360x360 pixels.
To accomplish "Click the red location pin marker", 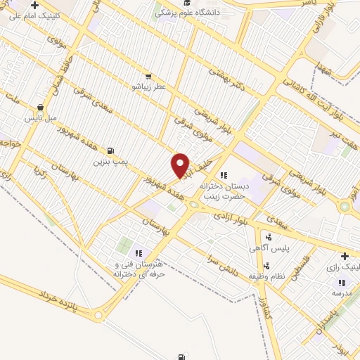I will [x=181, y=165].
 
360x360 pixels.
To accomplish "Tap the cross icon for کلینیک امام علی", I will [x=34, y=4].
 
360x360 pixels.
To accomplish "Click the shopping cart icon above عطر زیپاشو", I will [x=148, y=77].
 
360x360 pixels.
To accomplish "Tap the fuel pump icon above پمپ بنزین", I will [x=110, y=150].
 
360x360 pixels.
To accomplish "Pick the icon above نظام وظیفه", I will [x=267, y=266].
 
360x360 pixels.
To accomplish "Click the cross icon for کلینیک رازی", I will [x=345, y=257].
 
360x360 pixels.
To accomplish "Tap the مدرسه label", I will [x=341, y=292].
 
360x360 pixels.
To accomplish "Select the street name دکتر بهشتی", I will [x=224, y=82].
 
